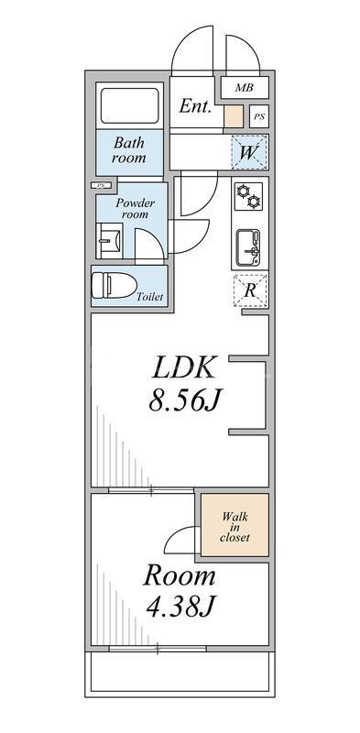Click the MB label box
[x=243, y=88]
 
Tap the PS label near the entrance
[x=259, y=116]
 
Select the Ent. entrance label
[x=195, y=106]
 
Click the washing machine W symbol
[x=249, y=151]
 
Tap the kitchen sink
[x=249, y=246]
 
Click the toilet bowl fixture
[x=111, y=285]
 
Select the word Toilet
[x=148, y=298]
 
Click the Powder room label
[x=135, y=208]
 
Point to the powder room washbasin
[x=107, y=243]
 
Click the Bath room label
[x=129, y=150]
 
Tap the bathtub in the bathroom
[x=129, y=108]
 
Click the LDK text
[x=184, y=369]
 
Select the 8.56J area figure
[x=184, y=400]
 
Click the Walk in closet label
[x=235, y=527]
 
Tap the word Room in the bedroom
[x=179, y=576]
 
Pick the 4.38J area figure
[x=179, y=607]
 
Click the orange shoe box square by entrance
[x=234, y=116]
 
